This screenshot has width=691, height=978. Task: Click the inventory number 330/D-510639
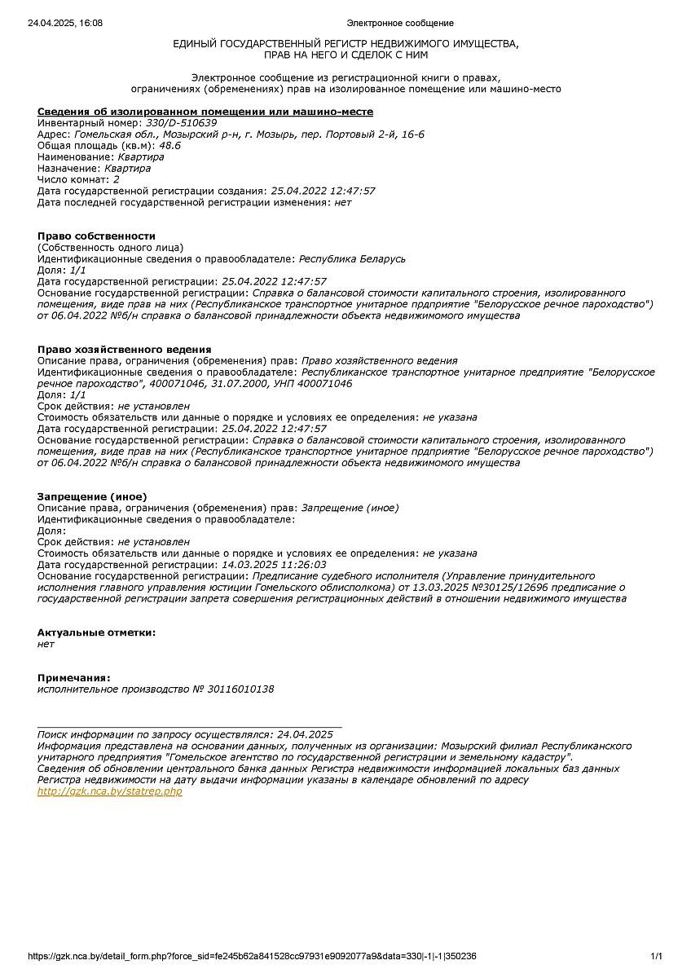(x=181, y=123)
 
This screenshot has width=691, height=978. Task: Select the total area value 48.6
(x=169, y=146)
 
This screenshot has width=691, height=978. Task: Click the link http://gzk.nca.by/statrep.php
(x=110, y=791)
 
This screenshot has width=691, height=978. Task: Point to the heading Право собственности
(x=96, y=236)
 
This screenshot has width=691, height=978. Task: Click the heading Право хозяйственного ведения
(x=125, y=349)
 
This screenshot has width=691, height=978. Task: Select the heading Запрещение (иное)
(x=92, y=496)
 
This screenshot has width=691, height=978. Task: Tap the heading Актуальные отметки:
(x=96, y=632)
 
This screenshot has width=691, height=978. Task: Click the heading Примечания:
(x=73, y=677)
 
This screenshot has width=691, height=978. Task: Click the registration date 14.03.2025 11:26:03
(x=274, y=564)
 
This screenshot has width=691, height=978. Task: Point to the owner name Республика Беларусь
(x=352, y=258)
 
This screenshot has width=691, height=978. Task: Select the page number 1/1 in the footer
(x=656, y=956)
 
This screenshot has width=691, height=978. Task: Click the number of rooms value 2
(x=117, y=179)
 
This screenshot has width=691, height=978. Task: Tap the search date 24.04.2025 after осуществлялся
(x=305, y=734)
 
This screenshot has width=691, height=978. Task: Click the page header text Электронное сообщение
(x=400, y=23)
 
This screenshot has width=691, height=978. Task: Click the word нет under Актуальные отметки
(x=46, y=644)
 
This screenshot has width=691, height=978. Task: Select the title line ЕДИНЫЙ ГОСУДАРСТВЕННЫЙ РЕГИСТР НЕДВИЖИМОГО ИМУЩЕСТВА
(x=345, y=43)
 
